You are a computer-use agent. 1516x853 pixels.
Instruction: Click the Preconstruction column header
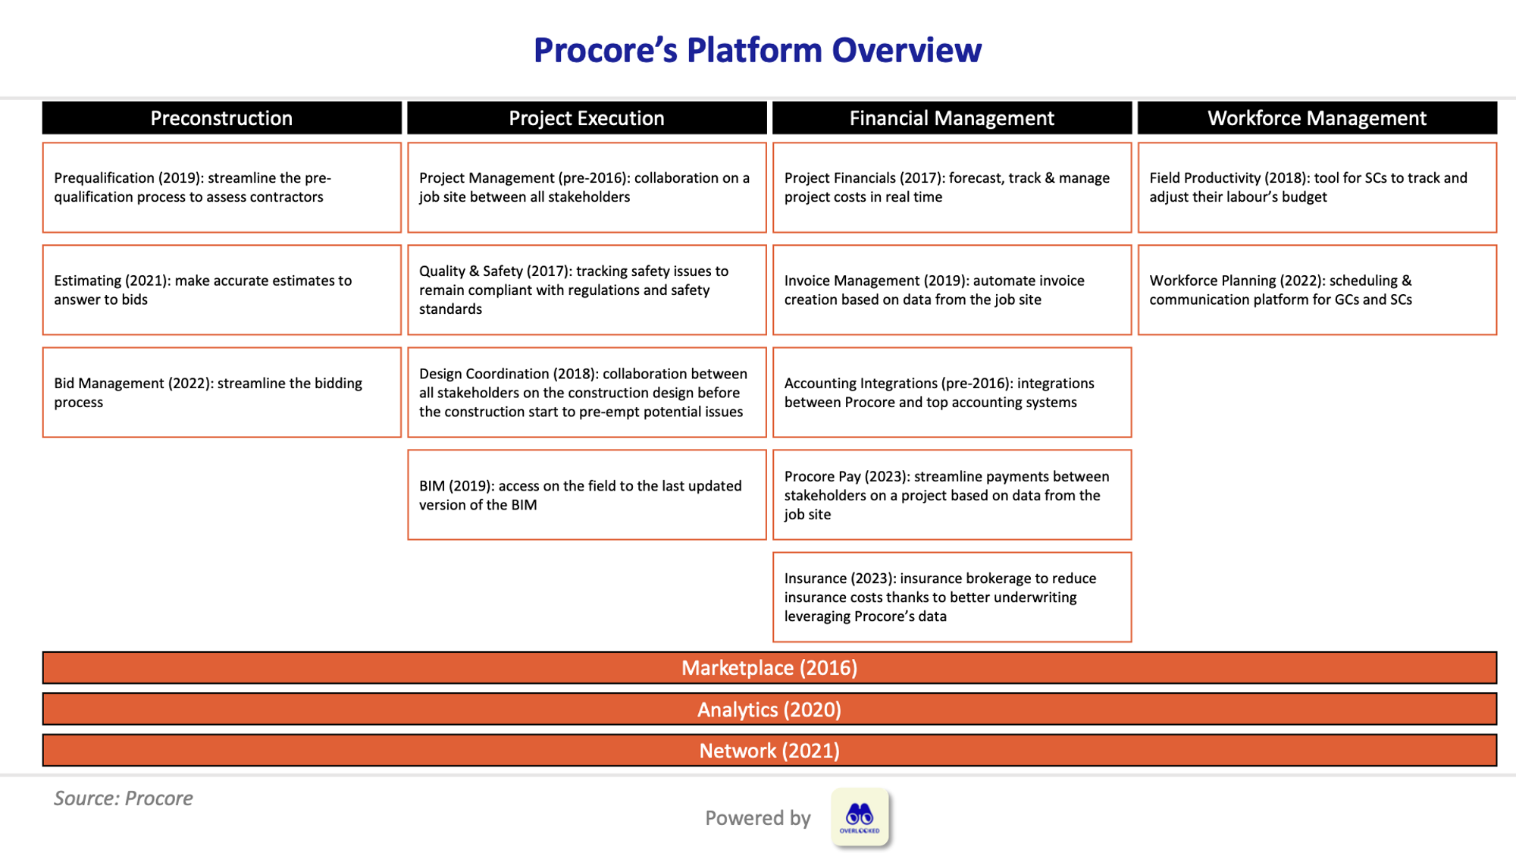click(x=221, y=118)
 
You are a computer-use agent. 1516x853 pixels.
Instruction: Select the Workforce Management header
click(x=1317, y=118)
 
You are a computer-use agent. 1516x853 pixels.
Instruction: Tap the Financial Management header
click(x=951, y=118)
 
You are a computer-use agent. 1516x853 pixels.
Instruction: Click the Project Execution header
click(x=586, y=118)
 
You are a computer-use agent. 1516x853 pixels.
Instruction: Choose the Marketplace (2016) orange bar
click(x=769, y=668)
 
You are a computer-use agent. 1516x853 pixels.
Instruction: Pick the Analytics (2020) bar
click(x=769, y=710)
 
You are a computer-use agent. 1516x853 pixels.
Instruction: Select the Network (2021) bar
click(x=769, y=751)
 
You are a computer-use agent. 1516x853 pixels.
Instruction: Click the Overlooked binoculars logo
click(x=860, y=817)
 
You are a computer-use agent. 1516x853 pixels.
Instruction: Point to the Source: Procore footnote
click(x=123, y=798)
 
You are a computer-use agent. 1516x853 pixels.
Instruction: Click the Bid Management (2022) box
click(x=221, y=393)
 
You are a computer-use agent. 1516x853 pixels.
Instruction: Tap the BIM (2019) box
click(x=586, y=495)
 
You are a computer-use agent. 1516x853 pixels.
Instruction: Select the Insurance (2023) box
click(x=951, y=597)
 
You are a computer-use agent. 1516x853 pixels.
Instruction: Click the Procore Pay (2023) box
click(x=951, y=495)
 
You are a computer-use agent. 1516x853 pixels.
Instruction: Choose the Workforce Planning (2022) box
click(x=1317, y=290)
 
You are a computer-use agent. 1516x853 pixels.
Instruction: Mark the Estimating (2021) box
click(x=221, y=290)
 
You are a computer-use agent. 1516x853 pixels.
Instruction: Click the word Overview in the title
click(x=906, y=51)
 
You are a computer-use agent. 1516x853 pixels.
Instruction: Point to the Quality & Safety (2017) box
click(x=586, y=290)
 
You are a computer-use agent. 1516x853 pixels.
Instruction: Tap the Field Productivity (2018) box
click(x=1317, y=187)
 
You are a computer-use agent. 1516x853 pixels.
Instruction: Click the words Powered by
click(x=757, y=818)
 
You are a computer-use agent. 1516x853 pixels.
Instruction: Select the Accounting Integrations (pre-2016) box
click(x=951, y=393)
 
